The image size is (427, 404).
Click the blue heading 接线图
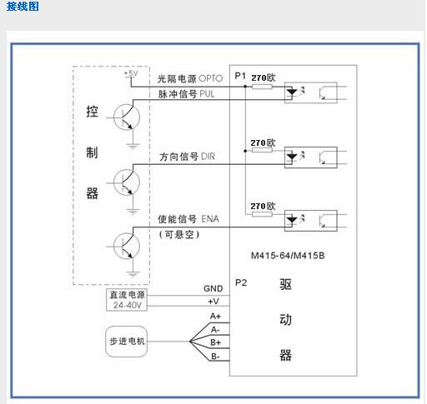click(x=23, y=6)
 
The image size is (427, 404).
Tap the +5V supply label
click(x=131, y=73)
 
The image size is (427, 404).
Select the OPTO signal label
click(x=211, y=78)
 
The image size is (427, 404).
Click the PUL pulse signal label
click(x=207, y=94)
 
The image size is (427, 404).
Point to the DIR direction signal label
click(x=208, y=157)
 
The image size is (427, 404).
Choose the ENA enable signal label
click(x=210, y=219)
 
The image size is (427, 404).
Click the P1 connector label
click(x=240, y=76)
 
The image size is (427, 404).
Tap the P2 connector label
click(x=241, y=282)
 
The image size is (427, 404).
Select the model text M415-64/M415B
click(x=288, y=256)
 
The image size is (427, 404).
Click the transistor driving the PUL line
click(x=127, y=117)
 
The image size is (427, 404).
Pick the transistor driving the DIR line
click(x=127, y=182)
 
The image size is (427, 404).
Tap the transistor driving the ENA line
click(x=127, y=246)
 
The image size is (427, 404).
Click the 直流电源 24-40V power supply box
click(x=127, y=300)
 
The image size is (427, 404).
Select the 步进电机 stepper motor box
click(x=127, y=342)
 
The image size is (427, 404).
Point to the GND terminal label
click(x=213, y=289)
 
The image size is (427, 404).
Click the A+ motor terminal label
click(x=215, y=317)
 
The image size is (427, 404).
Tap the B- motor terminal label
click(x=215, y=357)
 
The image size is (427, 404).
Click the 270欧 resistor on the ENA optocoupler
click(x=262, y=214)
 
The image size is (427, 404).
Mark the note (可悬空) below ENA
click(x=179, y=235)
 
